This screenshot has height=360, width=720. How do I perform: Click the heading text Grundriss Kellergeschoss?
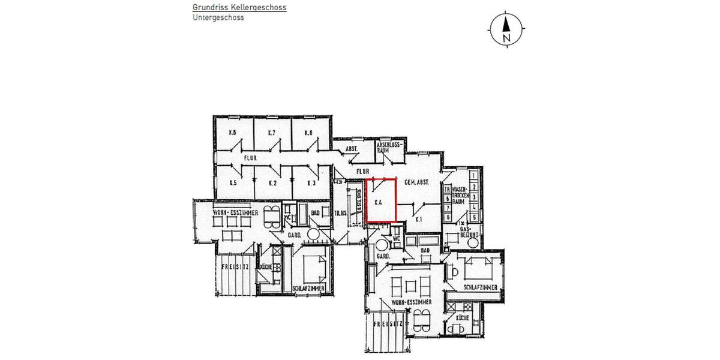tap(239, 8)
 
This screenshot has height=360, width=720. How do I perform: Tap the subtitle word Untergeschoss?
tap(218, 18)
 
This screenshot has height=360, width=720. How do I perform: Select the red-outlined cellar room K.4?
tap(381, 201)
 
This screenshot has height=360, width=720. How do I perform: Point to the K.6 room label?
tap(232, 132)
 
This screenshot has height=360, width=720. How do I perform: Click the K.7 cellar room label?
tap(271, 132)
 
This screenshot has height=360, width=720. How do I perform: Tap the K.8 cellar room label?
tap(308, 132)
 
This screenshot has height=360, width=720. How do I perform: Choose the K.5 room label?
tap(232, 182)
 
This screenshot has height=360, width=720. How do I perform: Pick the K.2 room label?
tap(272, 182)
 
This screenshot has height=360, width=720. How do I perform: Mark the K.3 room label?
tap(311, 182)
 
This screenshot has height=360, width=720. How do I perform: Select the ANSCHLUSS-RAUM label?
tap(388, 148)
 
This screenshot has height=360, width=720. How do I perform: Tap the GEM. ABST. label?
tap(415, 182)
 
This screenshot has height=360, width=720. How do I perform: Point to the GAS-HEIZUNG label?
tap(468, 233)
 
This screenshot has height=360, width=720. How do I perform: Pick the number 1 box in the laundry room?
tap(474, 176)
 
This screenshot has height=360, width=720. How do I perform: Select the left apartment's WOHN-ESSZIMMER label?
tap(235, 213)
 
